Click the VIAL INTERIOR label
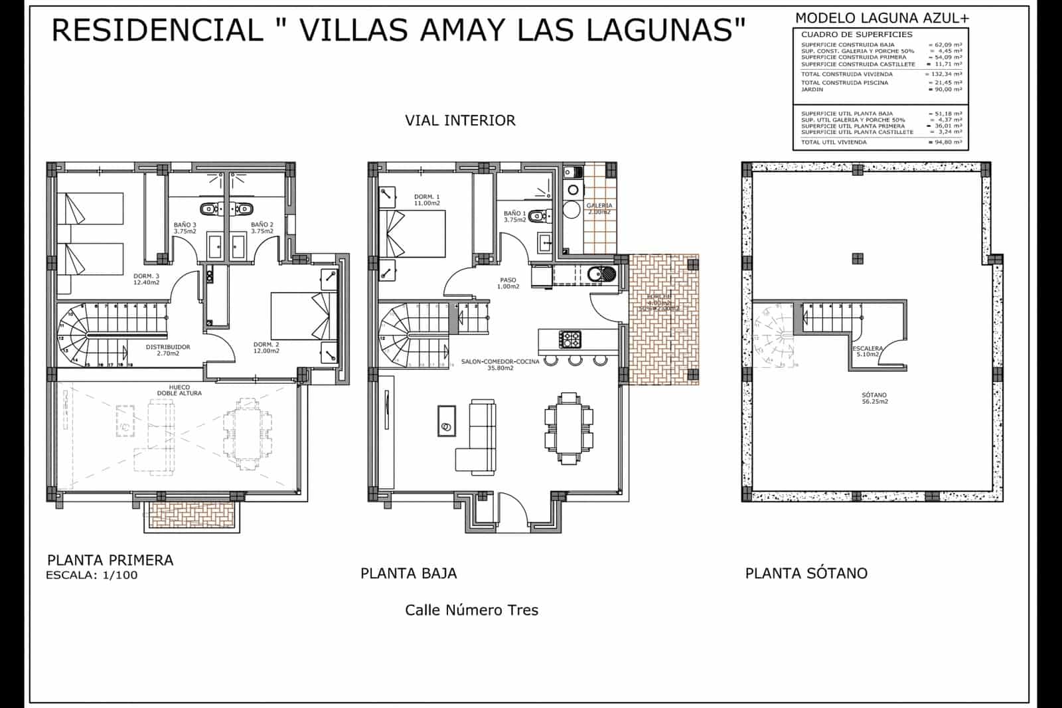(460, 120)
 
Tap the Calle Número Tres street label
(471, 610)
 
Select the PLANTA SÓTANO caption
(806, 573)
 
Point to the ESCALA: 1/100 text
(92, 575)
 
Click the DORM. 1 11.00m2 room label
(427, 200)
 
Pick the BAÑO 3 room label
(185, 228)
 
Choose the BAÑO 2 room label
(262, 228)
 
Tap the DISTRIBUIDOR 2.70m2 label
(168, 350)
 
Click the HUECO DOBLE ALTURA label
(179, 390)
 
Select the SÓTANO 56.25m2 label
(875, 398)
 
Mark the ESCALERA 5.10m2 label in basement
(868, 351)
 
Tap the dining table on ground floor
(569, 428)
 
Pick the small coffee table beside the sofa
(447, 420)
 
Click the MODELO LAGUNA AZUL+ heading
(881, 18)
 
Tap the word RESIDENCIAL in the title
(157, 30)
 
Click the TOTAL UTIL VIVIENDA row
(880, 142)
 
